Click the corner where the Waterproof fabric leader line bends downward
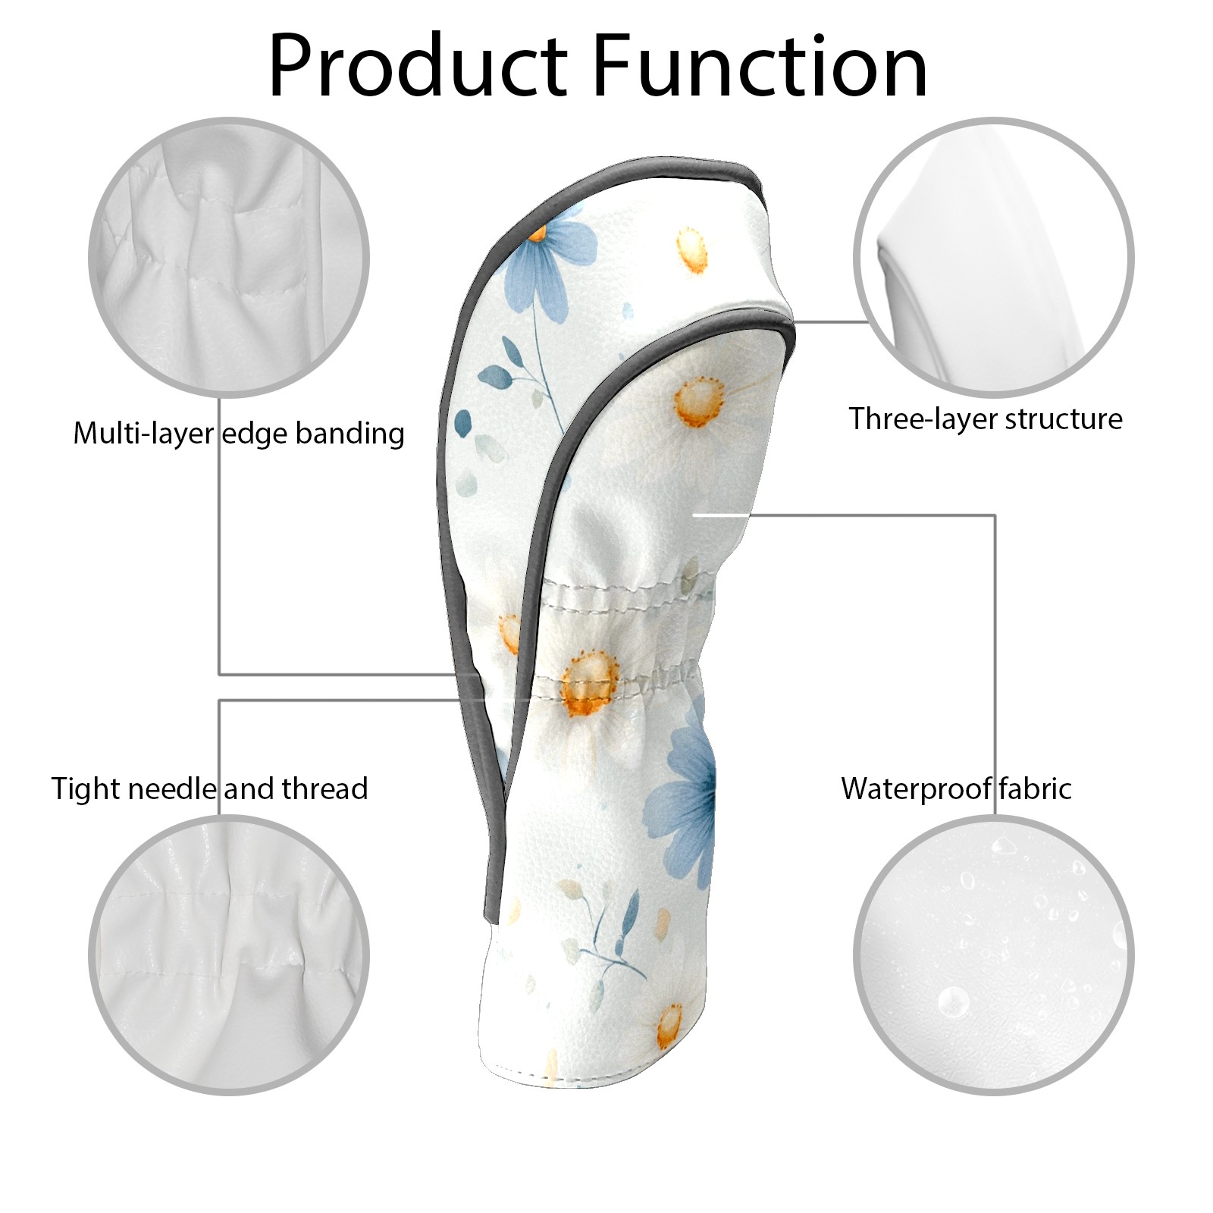[x=995, y=516]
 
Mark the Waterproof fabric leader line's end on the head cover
[x=694, y=516]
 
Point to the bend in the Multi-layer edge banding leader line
[x=220, y=674]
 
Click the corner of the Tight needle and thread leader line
[x=220, y=701]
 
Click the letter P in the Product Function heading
[x=293, y=66]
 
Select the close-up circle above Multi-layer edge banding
[x=229, y=257]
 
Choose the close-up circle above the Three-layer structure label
[x=994, y=257]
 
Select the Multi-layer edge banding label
[x=239, y=434]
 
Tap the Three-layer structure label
[x=986, y=419]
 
